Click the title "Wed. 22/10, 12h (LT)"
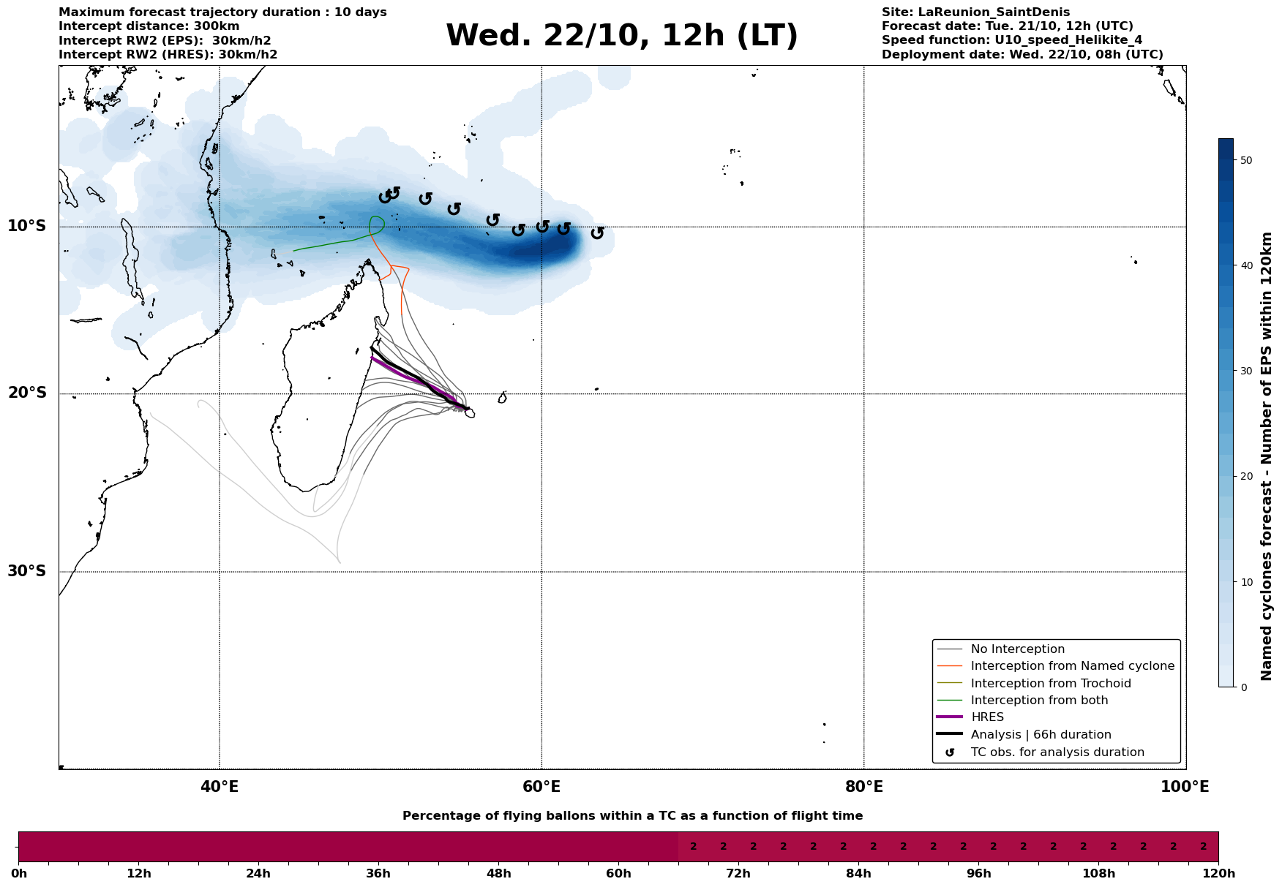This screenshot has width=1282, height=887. (621, 36)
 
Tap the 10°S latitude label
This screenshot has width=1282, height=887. (27, 226)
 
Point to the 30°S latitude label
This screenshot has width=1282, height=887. (27, 571)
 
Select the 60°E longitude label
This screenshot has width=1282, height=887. (541, 787)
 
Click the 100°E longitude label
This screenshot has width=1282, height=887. (1185, 787)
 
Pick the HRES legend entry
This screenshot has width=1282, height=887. (987, 717)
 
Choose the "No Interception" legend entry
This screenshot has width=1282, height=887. (1017, 649)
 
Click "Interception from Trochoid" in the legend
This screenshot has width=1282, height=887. (1050, 684)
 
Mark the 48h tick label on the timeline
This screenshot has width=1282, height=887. (498, 874)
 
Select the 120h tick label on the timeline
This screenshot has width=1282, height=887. (1218, 874)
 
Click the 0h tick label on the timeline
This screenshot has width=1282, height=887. (19, 874)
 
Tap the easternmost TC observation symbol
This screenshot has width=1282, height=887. (597, 233)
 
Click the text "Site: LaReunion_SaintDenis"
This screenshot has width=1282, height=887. (975, 12)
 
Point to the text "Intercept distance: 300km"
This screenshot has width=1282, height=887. (149, 26)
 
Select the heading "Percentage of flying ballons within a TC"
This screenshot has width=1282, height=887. (632, 816)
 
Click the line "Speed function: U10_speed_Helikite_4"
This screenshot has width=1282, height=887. (1012, 40)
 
